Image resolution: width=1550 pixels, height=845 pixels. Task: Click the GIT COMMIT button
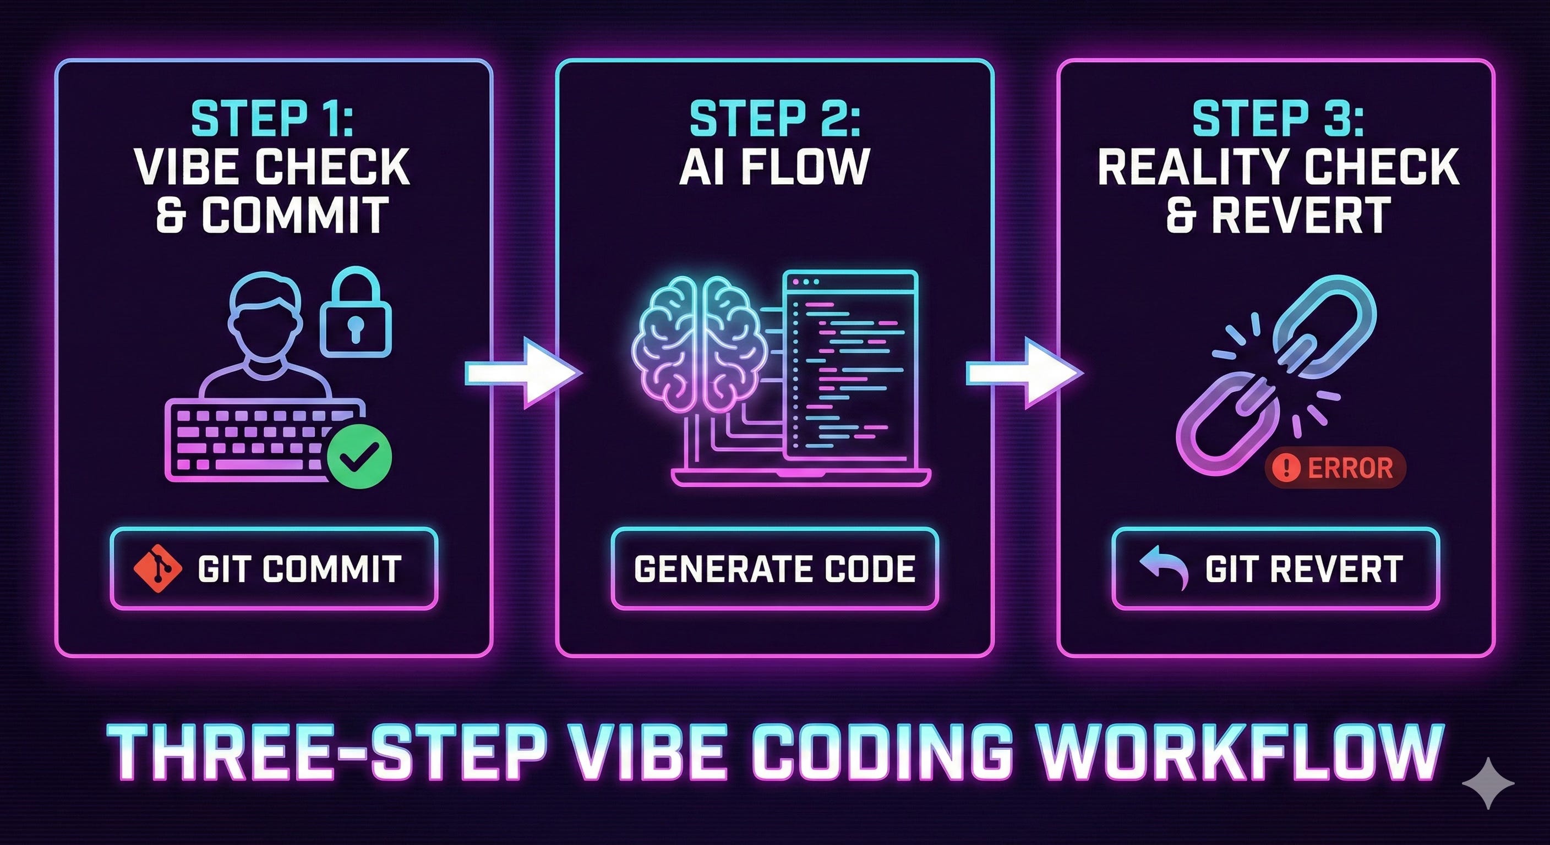click(x=274, y=568)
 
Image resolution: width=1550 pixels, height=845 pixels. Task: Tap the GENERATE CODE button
click(x=774, y=568)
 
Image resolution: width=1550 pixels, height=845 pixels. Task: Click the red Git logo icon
click(x=157, y=568)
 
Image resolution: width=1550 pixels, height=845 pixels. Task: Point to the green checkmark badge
click(x=359, y=456)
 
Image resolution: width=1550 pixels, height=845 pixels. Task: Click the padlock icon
click(x=356, y=316)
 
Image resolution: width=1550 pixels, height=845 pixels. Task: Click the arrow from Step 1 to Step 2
click(x=523, y=374)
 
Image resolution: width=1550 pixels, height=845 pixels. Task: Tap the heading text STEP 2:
click(x=774, y=119)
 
